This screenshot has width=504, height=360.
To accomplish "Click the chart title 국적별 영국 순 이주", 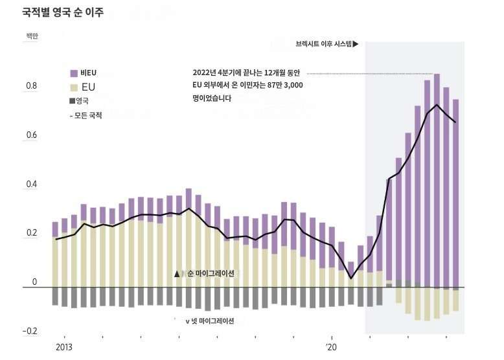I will (63, 12).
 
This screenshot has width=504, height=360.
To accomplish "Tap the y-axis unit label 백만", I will (32, 36).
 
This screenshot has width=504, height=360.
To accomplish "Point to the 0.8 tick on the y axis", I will (30, 87).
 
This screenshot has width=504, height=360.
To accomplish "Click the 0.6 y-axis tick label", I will (30, 136).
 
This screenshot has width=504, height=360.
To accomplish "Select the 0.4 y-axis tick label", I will (30, 185).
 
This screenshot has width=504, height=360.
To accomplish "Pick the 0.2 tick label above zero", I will (30, 234).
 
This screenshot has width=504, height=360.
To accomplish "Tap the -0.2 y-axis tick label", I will (29, 332).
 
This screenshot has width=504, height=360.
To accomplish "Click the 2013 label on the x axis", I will (64, 347).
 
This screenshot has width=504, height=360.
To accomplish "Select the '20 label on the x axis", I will (332, 347).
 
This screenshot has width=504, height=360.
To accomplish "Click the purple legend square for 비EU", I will (74, 73).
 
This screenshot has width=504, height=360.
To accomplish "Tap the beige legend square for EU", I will (74, 87).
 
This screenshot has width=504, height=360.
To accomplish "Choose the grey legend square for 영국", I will (72, 101).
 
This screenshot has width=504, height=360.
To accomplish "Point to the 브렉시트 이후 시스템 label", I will (326, 45).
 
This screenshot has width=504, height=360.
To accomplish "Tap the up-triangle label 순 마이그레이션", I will (205, 274).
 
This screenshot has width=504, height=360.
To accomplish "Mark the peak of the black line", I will (437, 105).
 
